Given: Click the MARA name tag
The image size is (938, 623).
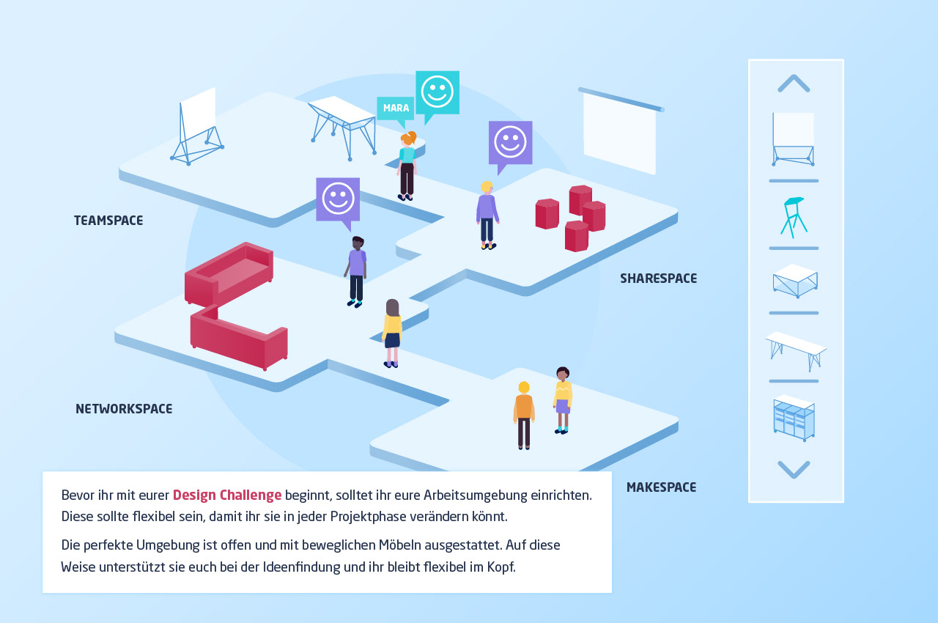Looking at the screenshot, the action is pyautogui.click(x=395, y=108).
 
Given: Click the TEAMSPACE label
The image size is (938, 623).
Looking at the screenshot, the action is pyautogui.click(x=108, y=221).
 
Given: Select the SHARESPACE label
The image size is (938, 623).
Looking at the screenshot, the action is pyautogui.click(x=658, y=279).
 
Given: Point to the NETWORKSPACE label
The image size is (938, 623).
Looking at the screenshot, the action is pyautogui.click(x=124, y=409).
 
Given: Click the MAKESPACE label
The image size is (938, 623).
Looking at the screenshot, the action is pyautogui.click(x=661, y=487).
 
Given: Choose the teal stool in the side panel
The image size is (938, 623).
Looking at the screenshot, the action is pyautogui.click(x=793, y=217).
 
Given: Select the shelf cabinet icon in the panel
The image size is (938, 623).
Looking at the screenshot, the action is pyautogui.click(x=794, y=418).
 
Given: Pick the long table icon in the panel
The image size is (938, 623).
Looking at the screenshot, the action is pyautogui.click(x=796, y=351).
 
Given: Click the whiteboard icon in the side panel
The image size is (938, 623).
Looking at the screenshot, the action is pyautogui.click(x=793, y=139).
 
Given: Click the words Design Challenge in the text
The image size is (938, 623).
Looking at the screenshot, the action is pyautogui.click(x=227, y=495).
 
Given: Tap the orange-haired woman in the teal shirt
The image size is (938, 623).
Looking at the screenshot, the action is pyautogui.click(x=407, y=166).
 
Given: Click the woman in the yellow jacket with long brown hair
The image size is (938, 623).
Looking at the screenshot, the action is pyautogui.click(x=392, y=333).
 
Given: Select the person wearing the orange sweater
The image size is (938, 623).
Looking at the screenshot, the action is pyautogui.click(x=524, y=416).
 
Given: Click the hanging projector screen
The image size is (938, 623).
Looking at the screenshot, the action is pyautogui.click(x=620, y=130).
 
